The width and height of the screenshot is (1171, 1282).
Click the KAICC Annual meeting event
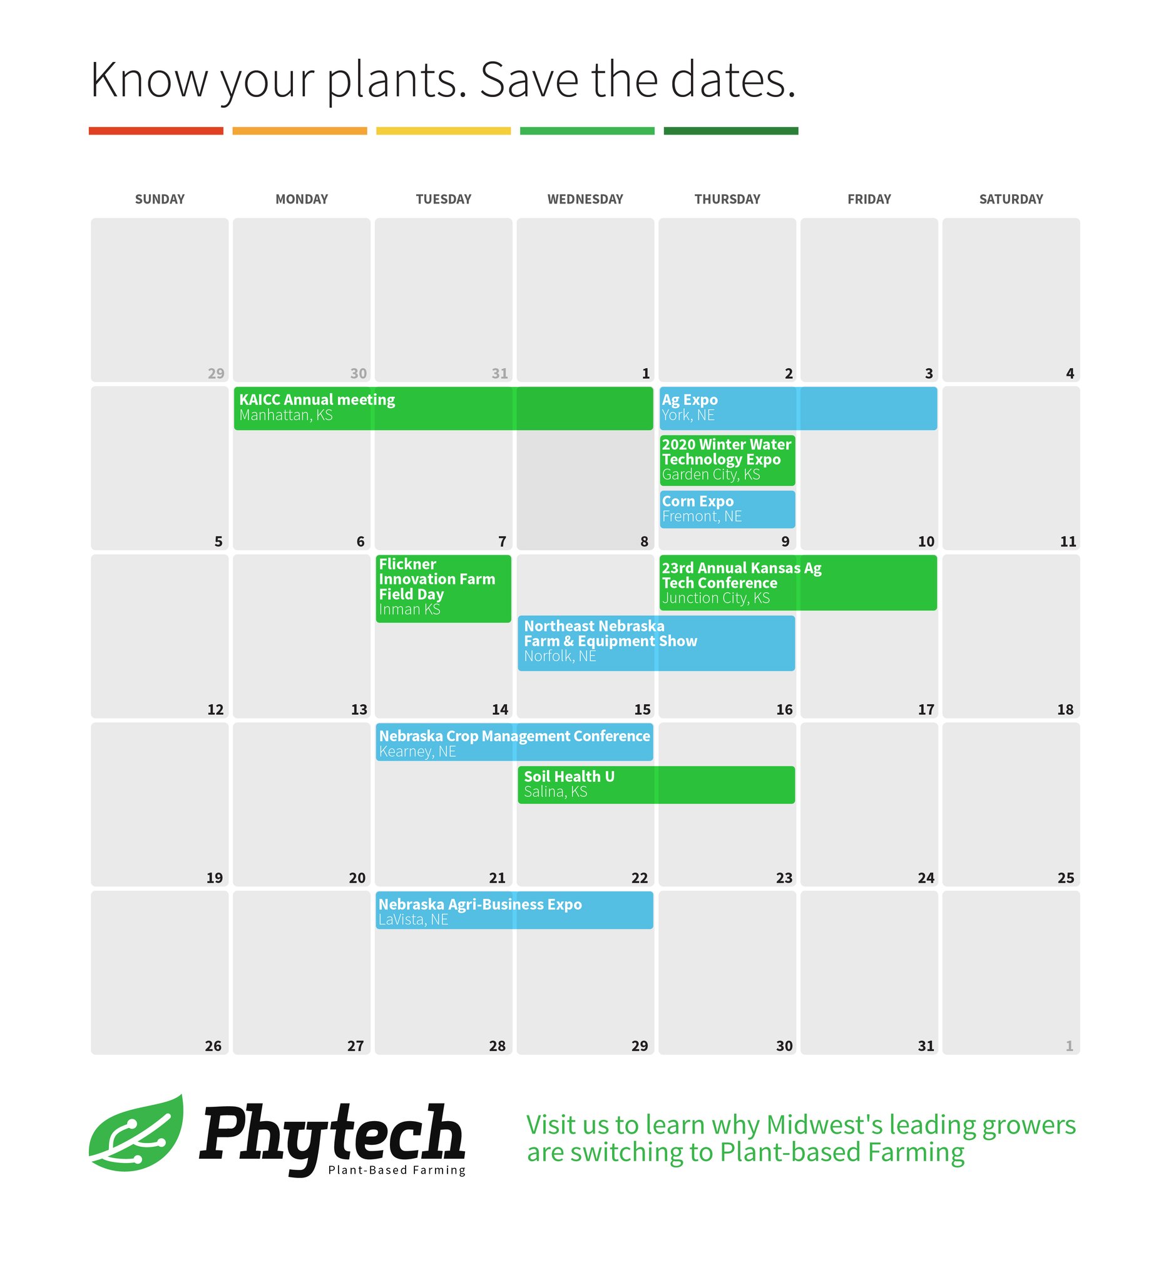click(x=443, y=408)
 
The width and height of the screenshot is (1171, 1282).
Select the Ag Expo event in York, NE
click(x=797, y=408)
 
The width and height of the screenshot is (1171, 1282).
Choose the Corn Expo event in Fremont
click(x=727, y=510)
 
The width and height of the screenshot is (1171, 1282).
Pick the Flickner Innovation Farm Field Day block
click(x=443, y=588)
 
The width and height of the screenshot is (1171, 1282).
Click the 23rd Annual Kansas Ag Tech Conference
click(x=797, y=583)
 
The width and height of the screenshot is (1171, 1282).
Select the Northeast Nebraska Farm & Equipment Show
click(x=656, y=643)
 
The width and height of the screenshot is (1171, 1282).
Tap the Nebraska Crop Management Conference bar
click(x=514, y=742)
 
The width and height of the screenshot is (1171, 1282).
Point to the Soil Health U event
click(x=656, y=785)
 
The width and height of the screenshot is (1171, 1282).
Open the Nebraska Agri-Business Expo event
click(x=514, y=911)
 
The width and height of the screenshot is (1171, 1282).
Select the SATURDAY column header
click(x=1011, y=200)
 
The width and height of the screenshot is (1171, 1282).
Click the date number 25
click(x=1065, y=878)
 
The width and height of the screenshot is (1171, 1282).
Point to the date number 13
click(x=359, y=710)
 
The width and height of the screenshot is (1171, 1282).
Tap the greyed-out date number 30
click(x=359, y=374)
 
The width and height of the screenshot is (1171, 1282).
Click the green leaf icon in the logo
click(x=136, y=1134)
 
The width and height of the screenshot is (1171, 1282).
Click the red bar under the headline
click(x=156, y=131)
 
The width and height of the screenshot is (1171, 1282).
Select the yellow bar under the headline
click(x=443, y=131)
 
